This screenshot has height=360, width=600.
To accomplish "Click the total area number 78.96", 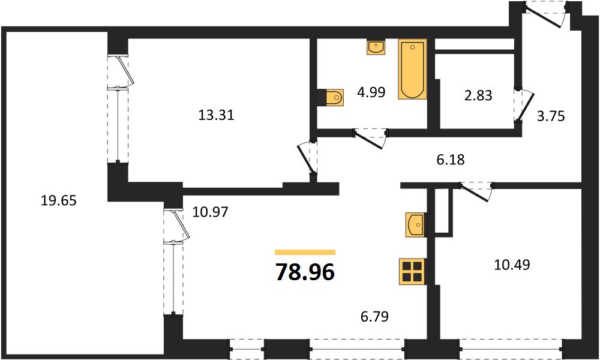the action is tap(305, 272).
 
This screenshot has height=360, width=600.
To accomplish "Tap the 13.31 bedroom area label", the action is tap(216, 115).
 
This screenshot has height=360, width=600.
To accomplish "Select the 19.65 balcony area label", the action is tap(59, 200).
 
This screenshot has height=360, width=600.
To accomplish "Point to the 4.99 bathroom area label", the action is tap(371, 92).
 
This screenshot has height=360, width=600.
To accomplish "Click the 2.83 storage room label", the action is tap(478, 95).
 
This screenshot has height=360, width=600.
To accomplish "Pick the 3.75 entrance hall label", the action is tap(551, 116).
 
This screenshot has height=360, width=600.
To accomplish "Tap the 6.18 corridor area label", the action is tap(451, 160).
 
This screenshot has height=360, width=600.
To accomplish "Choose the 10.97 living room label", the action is tap(210, 212).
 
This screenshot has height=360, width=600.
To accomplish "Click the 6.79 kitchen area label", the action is tap(374, 316).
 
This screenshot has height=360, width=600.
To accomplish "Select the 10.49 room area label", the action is tap(512, 265).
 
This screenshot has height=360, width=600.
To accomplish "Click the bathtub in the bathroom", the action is tap(413, 69).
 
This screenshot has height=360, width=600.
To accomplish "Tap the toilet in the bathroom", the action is tap(331, 98).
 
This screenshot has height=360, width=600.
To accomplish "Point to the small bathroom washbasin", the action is tap(376, 47).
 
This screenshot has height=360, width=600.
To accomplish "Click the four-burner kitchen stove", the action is tap(413, 272).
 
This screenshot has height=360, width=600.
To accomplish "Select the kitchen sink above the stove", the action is tap(416, 225).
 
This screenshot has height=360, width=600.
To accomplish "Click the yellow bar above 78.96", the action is tap(305, 252).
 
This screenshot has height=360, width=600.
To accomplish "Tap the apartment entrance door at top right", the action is tap(546, 14).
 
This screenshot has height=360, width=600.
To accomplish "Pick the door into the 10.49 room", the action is tap(476, 191).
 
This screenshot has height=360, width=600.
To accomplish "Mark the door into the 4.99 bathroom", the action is tap(370, 138).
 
